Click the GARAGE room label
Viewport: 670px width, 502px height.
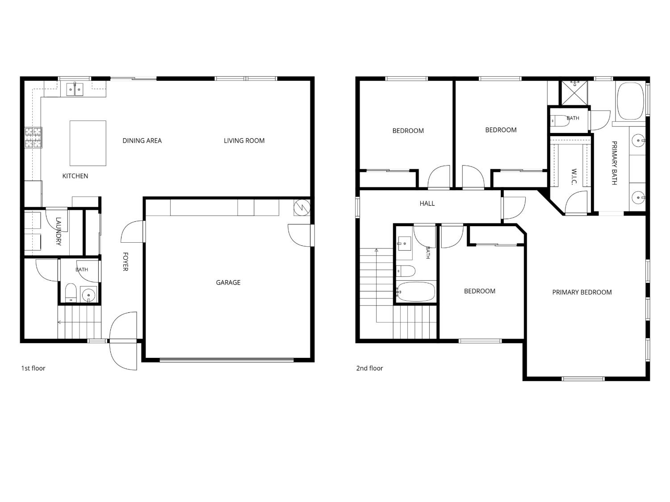tap(228, 282)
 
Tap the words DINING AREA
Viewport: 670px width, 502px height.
tap(142, 141)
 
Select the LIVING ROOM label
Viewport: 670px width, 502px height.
tap(244, 141)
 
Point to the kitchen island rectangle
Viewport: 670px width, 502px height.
tap(88, 143)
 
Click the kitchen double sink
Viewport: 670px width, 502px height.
tap(75, 89)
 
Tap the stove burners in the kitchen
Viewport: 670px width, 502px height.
tap(33, 137)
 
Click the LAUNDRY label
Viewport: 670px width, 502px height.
tap(59, 231)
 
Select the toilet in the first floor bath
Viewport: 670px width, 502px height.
tap(71, 292)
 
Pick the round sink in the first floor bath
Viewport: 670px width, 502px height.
tap(88, 295)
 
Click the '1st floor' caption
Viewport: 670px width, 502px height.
tap(33, 368)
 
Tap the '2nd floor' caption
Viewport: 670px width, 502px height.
tap(369, 368)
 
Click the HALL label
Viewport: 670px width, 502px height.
tap(427, 203)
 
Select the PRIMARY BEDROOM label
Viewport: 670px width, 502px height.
tap(582, 292)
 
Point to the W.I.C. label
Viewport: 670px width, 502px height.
tap(574, 177)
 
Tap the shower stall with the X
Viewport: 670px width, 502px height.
tap(574, 93)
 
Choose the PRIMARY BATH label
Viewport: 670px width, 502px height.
tap(615, 163)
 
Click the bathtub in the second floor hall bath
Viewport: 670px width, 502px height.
tap(415, 292)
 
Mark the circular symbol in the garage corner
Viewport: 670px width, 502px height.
tap(302, 208)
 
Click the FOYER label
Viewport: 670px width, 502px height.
tap(125, 261)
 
